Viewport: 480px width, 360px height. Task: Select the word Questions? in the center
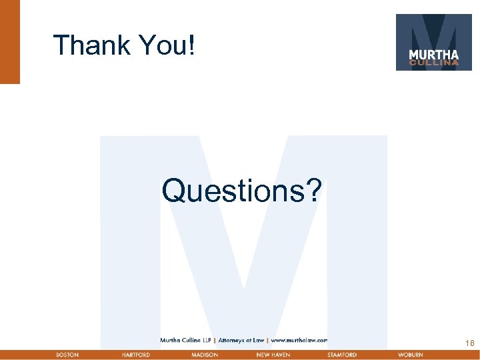point(241,191)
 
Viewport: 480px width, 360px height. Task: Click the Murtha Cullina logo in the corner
point(433,42)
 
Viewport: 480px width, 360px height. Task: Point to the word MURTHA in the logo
point(433,55)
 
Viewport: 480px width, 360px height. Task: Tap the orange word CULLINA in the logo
point(433,63)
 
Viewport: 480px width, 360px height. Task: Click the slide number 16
point(470,343)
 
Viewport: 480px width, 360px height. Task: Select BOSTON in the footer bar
point(67,355)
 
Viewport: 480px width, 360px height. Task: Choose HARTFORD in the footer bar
point(136,355)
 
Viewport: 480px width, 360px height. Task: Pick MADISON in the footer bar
point(204,355)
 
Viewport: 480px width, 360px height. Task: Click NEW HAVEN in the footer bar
point(273,355)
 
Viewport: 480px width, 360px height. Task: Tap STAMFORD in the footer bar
point(342,355)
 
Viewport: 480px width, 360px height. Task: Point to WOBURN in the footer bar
point(411,355)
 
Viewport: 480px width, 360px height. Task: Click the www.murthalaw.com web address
point(299,340)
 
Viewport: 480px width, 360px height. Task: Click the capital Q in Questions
point(172,191)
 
